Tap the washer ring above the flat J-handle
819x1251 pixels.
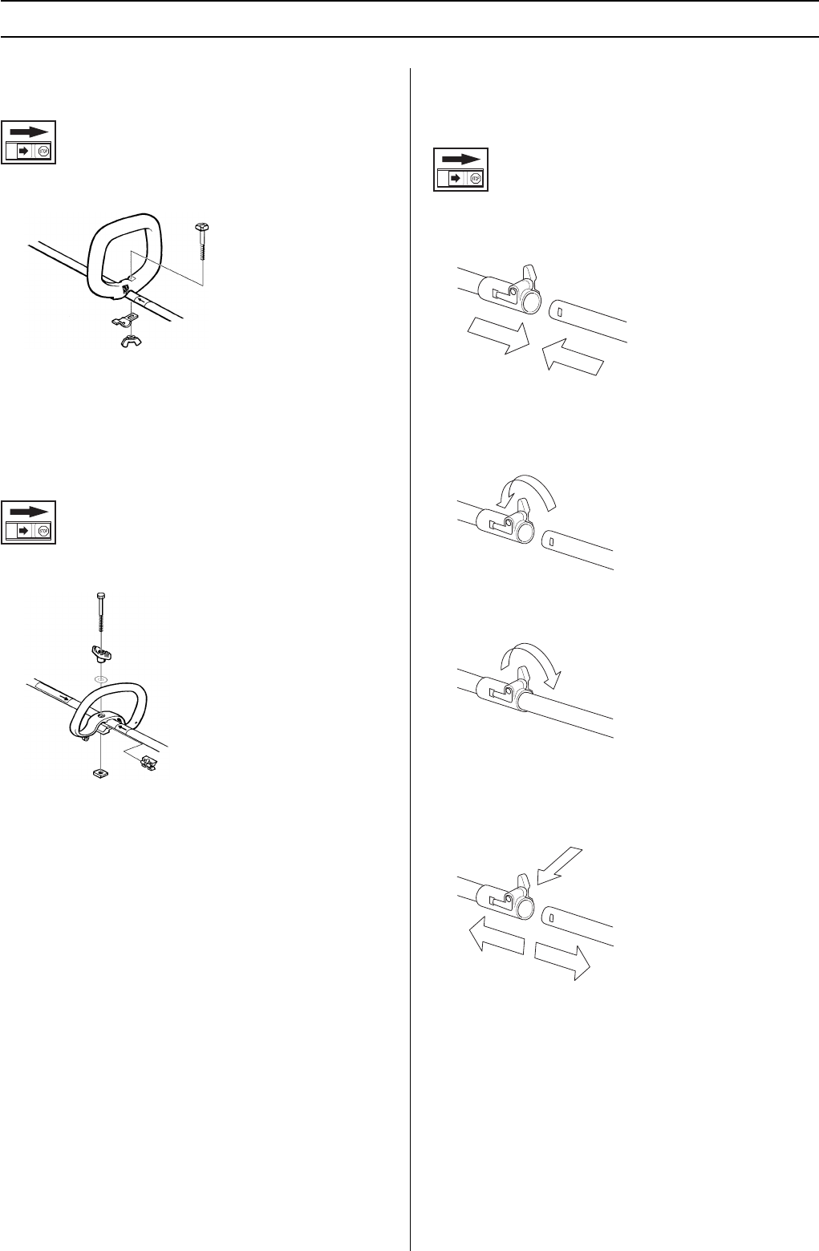(x=100, y=678)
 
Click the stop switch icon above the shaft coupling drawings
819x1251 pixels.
(x=461, y=168)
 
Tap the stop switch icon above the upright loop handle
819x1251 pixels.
(x=29, y=142)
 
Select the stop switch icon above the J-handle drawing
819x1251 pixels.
(x=29, y=522)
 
